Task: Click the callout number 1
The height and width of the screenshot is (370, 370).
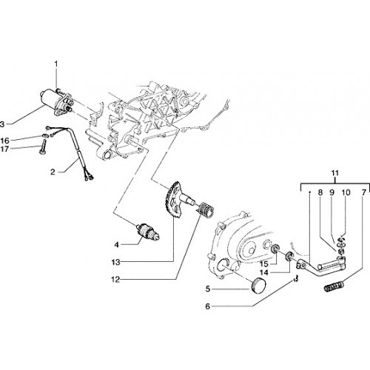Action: [56, 64]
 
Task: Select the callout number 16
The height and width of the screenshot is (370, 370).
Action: [4, 141]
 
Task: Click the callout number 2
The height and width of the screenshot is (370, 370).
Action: [53, 172]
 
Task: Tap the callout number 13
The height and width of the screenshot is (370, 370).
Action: [115, 262]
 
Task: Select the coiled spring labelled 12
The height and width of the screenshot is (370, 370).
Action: [206, 210]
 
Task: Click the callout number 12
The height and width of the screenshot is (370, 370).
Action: [115, 280]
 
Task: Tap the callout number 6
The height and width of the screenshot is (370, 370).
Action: [208, 306]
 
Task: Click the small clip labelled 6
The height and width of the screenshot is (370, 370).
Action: [296, 279]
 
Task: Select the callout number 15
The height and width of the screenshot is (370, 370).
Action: [263, 264]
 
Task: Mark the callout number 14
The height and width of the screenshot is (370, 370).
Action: [264, 272]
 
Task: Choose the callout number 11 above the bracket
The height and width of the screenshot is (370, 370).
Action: [335, 173]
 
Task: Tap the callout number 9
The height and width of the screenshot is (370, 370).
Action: [332, 192]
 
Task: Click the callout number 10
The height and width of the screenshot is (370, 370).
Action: [346, 192]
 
